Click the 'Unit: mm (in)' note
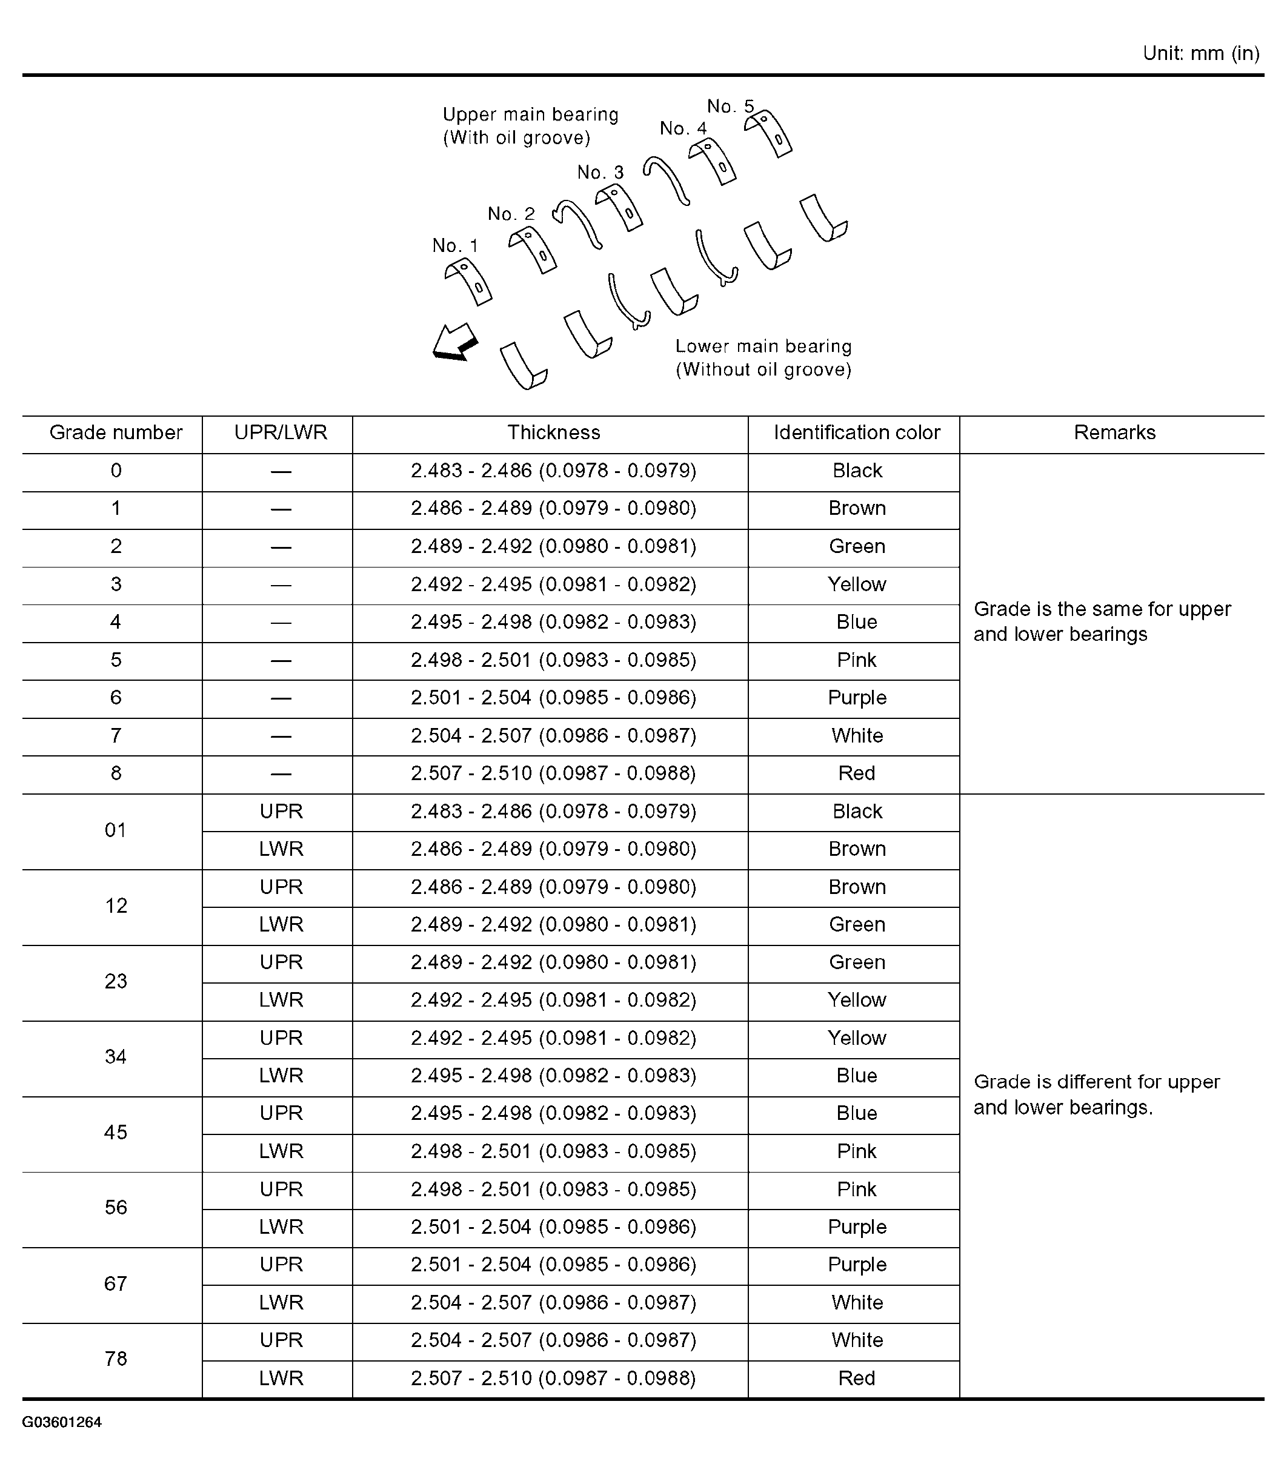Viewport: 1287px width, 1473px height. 1200,54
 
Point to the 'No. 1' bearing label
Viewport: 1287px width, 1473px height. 454,247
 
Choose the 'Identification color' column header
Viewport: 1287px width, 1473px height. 856,433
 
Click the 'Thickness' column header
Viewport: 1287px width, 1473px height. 553,433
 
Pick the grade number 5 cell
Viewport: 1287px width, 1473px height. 116,660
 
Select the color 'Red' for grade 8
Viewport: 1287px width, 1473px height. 856,774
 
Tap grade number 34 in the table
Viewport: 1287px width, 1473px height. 116,1057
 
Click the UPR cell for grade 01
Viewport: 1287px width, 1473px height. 281,812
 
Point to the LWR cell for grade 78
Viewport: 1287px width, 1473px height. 281,1379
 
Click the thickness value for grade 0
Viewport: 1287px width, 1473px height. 553,471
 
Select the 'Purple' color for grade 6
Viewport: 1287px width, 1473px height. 856,698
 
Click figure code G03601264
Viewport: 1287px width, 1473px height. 62,1422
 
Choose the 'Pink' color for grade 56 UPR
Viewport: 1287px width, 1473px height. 856,1190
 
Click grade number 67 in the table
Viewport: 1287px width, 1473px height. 116,1283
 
